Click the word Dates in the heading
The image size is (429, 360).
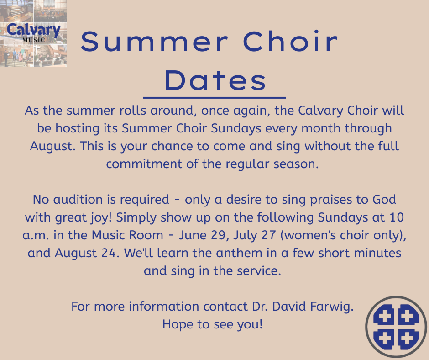click(215, 80)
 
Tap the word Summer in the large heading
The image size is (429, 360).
click(154, 41)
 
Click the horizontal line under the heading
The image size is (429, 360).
click(214, 97)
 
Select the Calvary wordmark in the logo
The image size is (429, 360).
click(33, 30)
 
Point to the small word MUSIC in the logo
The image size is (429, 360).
click(34, 40)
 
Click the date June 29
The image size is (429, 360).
click(202, 235)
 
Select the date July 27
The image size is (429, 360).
click(255, 236)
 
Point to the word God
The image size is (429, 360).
click(384, 200)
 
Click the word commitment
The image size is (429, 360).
click(144, 164)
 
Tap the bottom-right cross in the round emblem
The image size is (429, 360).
click(408, 339)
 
